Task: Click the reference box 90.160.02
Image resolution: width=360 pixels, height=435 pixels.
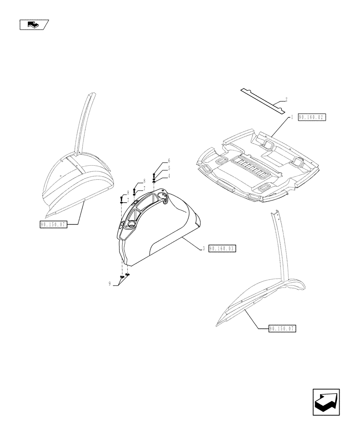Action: point(312,117)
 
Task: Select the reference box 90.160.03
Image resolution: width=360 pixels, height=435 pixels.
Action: point(222,249)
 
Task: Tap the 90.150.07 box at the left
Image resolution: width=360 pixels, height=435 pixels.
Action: point(52,224)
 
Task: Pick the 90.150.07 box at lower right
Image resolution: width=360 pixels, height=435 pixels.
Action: point(282,329)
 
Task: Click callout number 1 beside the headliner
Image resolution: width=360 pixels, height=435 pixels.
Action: point(292,117)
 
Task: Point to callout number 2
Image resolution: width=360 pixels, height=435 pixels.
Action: point(286,99)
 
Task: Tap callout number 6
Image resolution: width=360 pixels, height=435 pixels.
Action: point(169,161)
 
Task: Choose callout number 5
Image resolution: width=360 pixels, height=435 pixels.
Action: point(169,168)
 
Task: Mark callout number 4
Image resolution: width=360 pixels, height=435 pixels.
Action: point(169,176)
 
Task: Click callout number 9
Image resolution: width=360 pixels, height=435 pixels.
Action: point(110,283)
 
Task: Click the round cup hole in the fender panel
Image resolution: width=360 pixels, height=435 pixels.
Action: point(131,224)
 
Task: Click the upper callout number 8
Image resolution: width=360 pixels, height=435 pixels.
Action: point(143,180)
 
